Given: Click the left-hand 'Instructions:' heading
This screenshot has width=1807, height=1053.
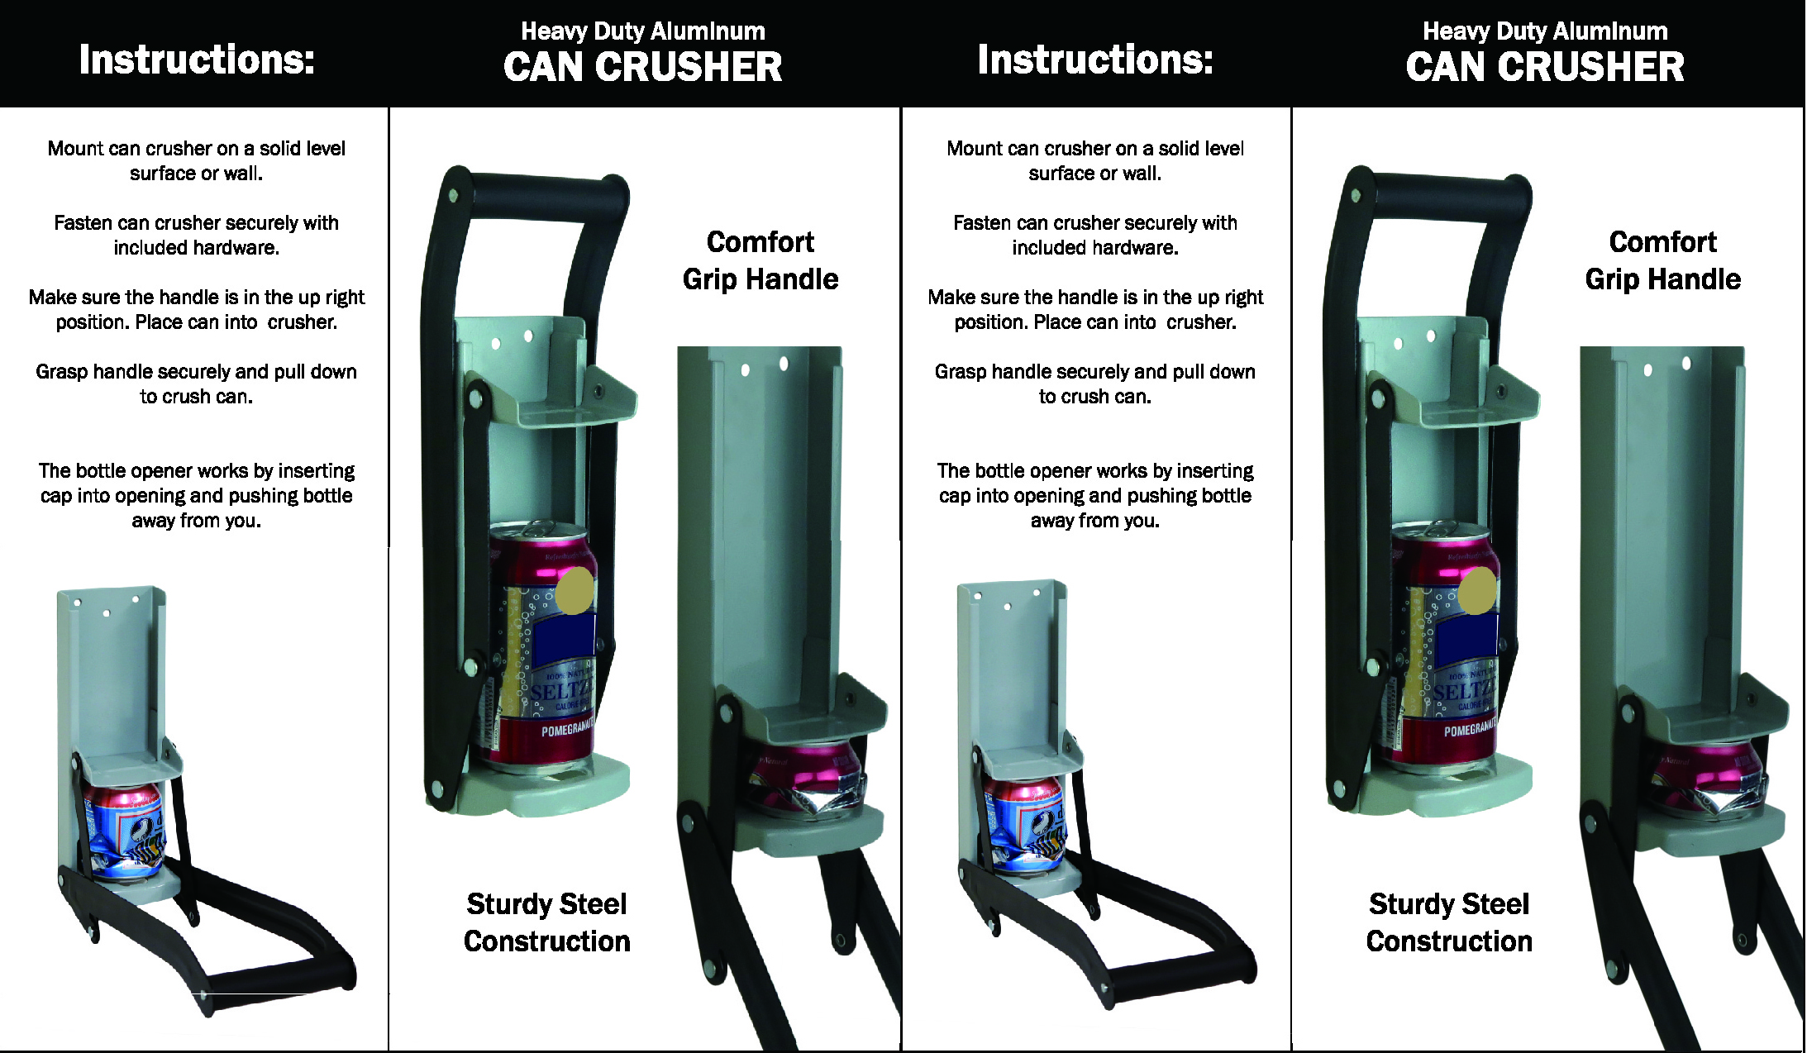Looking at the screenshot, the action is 197,60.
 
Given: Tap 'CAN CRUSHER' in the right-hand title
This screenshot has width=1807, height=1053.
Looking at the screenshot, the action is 1545,67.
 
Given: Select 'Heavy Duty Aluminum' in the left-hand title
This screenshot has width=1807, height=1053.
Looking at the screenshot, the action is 643,31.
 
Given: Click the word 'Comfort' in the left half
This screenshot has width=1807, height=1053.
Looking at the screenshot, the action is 760,242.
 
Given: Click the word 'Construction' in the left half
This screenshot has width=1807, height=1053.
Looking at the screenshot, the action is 547,941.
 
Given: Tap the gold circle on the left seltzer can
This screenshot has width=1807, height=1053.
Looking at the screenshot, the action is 575,590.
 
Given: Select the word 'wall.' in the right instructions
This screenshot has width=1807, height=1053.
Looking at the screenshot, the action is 1140,174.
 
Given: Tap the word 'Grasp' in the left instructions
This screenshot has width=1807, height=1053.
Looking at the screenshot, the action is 61,373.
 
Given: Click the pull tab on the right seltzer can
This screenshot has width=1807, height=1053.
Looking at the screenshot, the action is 1445,528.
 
